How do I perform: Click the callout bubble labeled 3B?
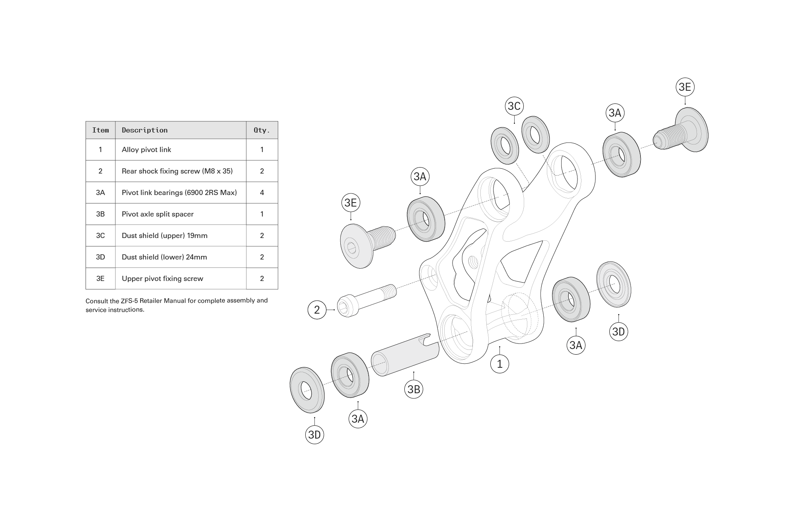[x=414, y=389]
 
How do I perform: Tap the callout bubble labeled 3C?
[x=514, y=106]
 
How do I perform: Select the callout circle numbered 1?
[x=499, y=363]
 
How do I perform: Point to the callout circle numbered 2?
[x=317, y=310]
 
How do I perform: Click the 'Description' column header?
[x=144, y=130]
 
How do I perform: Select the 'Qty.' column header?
[x=262, y=130]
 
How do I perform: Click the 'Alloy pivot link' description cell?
[x=146, y=150]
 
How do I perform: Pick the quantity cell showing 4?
[x=262, y=193]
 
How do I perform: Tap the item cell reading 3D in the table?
[x=100, y=257]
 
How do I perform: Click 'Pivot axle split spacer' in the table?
[x=158, y=214]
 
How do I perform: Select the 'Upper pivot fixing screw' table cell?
[x=162, y=279]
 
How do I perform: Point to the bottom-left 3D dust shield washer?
[x=307, y=390]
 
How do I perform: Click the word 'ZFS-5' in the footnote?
[x=129, y=300]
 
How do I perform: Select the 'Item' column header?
[x=100, y=130]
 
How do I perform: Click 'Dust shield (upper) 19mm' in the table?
[x=164, y=236]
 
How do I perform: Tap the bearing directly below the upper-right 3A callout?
[x=622, y=154]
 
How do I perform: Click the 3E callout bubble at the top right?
[x=685, y=87]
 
